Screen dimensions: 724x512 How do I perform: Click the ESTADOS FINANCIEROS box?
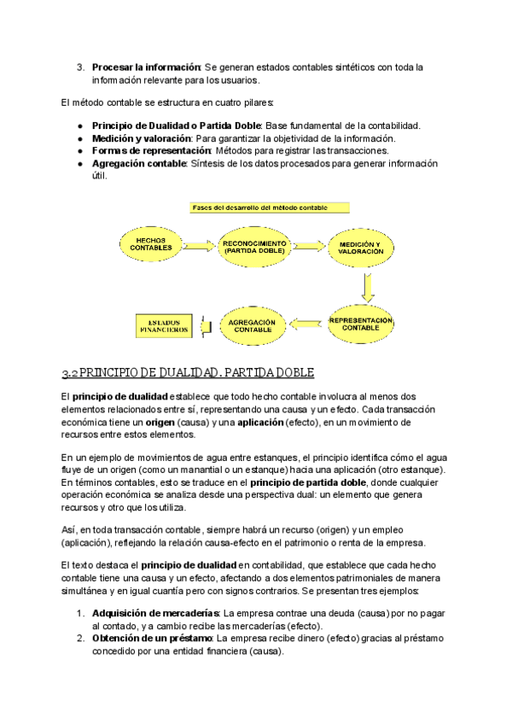[167, 325]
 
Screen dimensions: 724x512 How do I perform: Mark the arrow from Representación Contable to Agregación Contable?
[307, 324]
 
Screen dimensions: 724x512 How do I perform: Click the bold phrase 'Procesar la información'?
[146, 67]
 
